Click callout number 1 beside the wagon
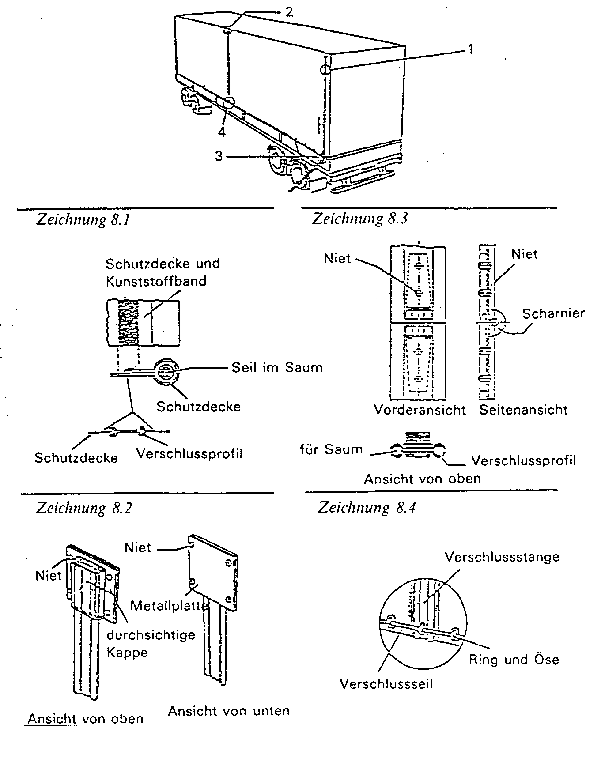pos(470,49)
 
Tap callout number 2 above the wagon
pos(289,11)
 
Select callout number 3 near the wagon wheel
pos(219,156)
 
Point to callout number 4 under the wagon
pos(222,132)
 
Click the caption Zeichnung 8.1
pos(83,219)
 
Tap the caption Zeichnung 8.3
pos(360,219)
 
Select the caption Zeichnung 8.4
pos(367,508)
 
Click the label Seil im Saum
pos(277,367)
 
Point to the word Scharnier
pos(553,313)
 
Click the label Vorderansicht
pos(420,410)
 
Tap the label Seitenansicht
pos(524,410)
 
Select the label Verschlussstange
pos(502,557)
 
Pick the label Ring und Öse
pos(514,660)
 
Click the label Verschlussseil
pos(386,684)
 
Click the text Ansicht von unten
pos(229,711)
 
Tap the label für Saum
pos(331,449)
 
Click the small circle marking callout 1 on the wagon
pos(325,70)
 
